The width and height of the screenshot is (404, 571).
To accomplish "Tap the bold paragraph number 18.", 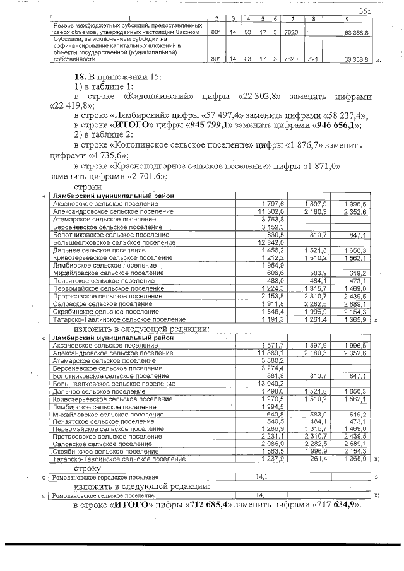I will [80, 77].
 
